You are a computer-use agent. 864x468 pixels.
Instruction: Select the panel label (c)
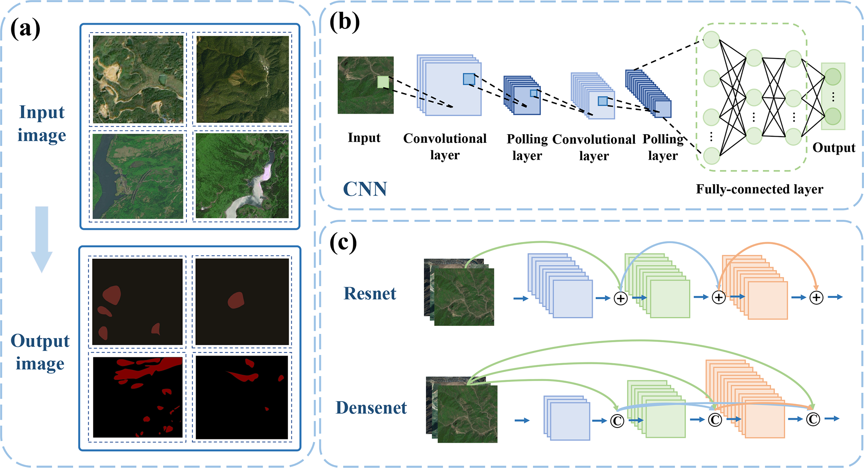coord(343,242)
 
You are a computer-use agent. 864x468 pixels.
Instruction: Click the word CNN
coord(365,189)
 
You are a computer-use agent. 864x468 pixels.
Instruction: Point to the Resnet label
coord(370,294)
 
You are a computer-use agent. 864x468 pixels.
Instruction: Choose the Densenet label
coord(371,408)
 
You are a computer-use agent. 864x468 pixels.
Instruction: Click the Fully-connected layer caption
coord(759,189)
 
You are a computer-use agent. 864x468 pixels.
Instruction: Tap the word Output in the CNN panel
coord(833,148)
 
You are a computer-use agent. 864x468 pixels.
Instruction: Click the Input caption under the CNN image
coord(364,137)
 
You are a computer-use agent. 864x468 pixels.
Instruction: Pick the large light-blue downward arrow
coord(42,238)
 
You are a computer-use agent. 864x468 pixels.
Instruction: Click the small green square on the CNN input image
coord(383,82)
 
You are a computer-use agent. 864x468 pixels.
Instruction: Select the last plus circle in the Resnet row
coord(816,298)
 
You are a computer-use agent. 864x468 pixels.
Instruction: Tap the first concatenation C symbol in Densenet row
coord(617,421)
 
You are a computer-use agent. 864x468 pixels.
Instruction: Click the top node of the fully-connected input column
coord(711,40)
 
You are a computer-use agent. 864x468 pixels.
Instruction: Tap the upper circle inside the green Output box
coord(833,77)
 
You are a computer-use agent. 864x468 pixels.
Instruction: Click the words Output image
coord(40,352)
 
